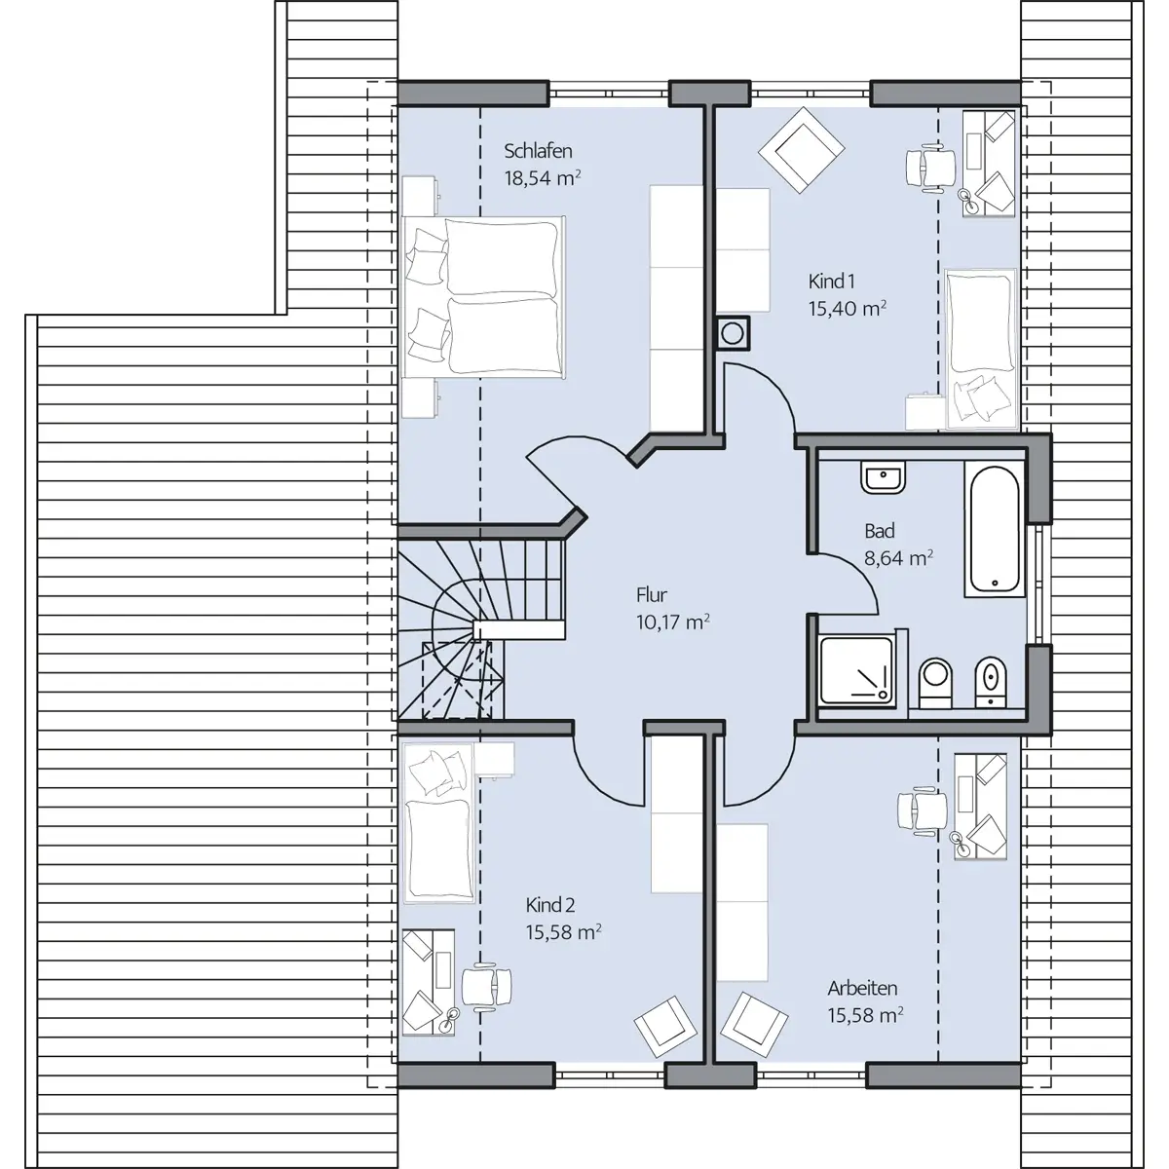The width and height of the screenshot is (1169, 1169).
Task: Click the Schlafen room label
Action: click(538, 151)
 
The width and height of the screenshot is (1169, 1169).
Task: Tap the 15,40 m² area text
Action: click(847, 308)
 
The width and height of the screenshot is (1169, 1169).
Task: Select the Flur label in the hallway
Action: click(652, 595)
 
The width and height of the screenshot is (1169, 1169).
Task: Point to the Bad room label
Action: click(879, 532)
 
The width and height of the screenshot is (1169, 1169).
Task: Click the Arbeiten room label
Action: click(862, 988)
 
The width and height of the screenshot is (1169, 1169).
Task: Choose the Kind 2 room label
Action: click(549, 905)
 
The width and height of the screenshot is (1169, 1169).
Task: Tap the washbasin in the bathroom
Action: click(883, 477)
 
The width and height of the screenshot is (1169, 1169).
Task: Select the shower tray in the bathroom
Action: click(856, 671)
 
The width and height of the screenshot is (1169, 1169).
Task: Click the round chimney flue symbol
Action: click(733, 333)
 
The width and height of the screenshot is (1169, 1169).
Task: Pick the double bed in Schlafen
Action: click(483, 297)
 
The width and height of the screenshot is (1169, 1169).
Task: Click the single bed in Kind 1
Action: click(981, 350)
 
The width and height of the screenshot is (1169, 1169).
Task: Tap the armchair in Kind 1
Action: click(801, 150)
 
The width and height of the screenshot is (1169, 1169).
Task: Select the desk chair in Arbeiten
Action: click(923, 811)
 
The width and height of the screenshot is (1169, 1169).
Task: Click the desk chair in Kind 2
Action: click(486, 987)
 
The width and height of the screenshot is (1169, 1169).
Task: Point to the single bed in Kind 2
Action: click(438, 822)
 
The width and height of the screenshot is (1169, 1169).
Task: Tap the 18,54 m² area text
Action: click(543, 177)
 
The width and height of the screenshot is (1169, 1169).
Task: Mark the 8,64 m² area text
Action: click(898, 557)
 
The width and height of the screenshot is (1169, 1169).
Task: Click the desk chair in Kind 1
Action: click(930, 168)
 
